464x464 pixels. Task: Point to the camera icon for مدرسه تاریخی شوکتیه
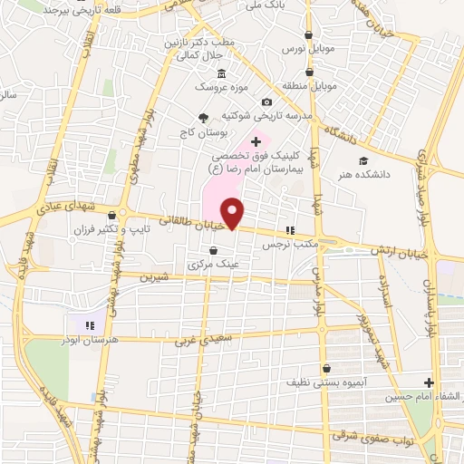point(266,102)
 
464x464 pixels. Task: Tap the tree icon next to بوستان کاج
point(203,117)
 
